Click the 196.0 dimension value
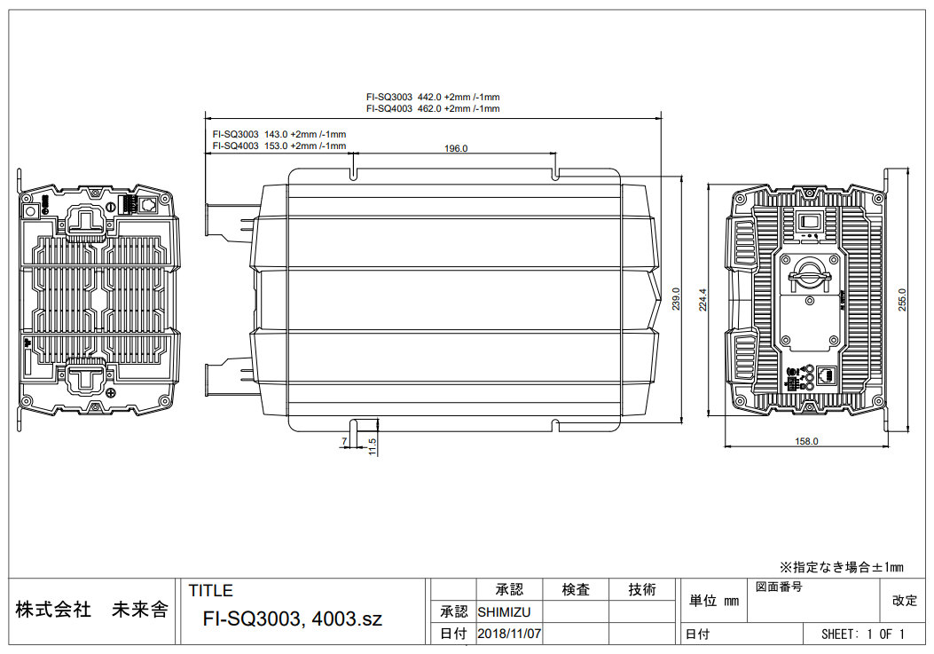click(456, 148)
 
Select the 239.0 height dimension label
click(676, 299)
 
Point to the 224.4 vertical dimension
click(702, 300)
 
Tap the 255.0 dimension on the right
click(902, 300)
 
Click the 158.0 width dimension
click(806, 441)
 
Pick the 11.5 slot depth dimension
click(373, 447)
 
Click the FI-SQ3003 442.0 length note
click(433, 98)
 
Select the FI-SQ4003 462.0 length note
click(433, 108)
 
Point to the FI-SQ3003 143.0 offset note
click(279, 135)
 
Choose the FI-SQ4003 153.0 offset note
click(279, 146)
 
